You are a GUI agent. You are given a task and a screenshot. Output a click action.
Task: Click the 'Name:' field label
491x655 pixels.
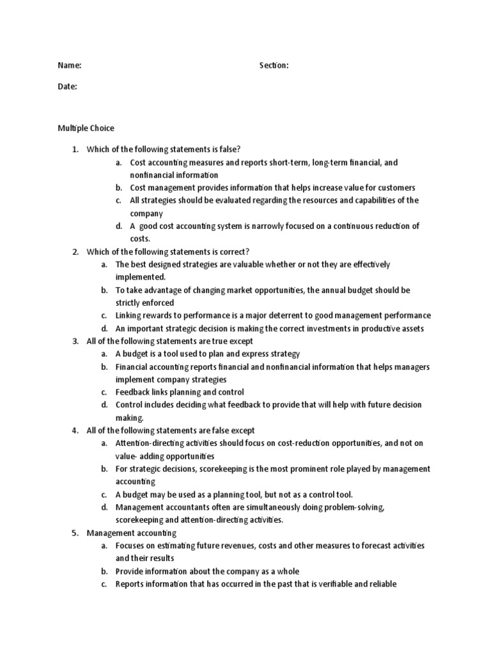coord(70,65)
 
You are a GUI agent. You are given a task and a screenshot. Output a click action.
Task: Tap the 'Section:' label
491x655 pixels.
coord(274,65)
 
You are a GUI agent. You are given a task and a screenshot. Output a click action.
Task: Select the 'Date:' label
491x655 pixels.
coord(68,86)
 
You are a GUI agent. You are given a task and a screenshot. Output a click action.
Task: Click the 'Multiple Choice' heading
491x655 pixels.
coord(86,129)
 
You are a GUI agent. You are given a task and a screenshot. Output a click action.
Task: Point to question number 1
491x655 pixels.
coord(75,150)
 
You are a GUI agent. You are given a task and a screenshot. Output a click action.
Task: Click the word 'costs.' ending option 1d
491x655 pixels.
coord(140,238)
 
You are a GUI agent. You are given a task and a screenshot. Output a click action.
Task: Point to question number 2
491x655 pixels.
coord(75,251)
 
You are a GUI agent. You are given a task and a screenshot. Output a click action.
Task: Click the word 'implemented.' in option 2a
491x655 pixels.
coord(140,277)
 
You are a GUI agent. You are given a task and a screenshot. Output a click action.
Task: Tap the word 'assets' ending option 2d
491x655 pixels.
coord(413,328)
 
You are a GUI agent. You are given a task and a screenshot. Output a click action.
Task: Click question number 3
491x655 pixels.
coord(75,341)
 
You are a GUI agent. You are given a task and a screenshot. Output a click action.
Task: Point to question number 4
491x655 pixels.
coord(75,430)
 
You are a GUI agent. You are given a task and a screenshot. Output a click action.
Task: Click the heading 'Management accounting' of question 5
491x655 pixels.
coord(131,533)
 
